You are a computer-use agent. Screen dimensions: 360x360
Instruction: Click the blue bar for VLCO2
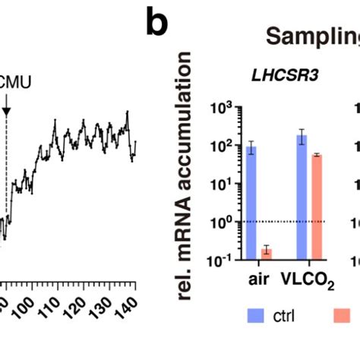point(302,197)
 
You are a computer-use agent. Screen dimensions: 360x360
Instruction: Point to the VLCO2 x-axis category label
point(309,279)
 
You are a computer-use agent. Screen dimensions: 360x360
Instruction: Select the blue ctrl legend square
point(254,315)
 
